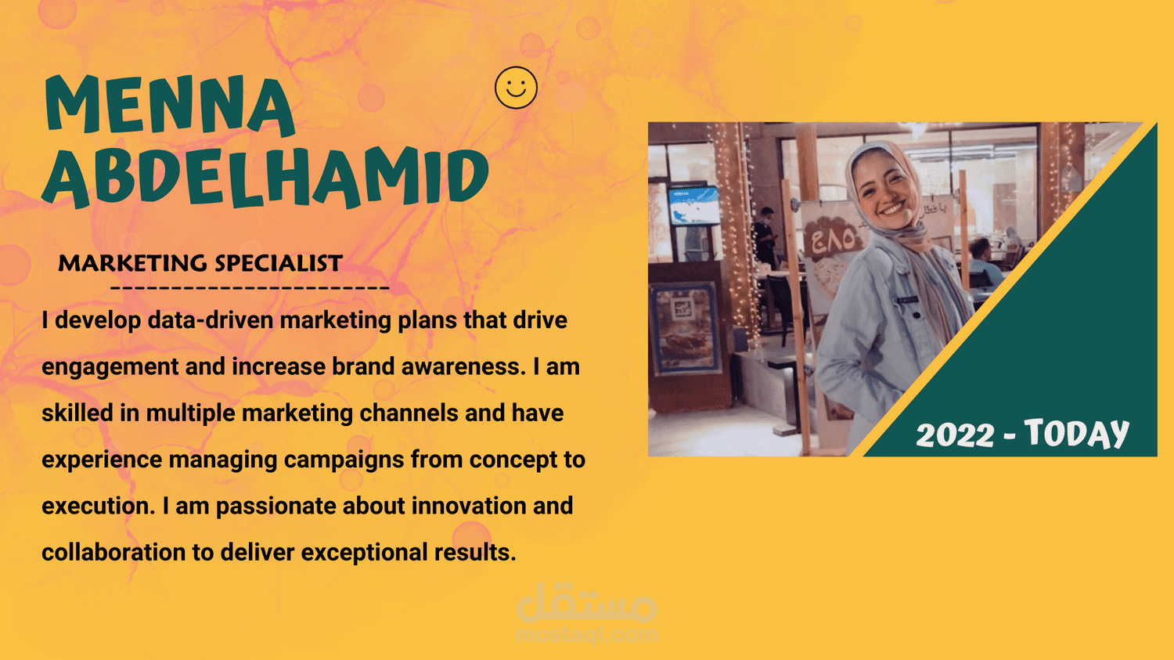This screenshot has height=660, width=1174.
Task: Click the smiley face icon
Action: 516,88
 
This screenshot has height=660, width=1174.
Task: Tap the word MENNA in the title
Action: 170,105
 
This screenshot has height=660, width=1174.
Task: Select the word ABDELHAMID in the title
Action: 265,176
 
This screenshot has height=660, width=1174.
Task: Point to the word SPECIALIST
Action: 279,263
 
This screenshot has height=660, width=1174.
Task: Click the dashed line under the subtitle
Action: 250,288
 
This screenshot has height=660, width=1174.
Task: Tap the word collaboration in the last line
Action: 113,553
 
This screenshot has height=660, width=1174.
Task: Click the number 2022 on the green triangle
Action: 955,435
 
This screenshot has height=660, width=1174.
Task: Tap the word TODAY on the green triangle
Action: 1076,433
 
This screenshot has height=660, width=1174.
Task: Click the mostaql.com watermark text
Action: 586,635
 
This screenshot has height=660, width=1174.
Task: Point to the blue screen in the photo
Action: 693,205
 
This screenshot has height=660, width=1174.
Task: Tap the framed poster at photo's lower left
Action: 684,329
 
